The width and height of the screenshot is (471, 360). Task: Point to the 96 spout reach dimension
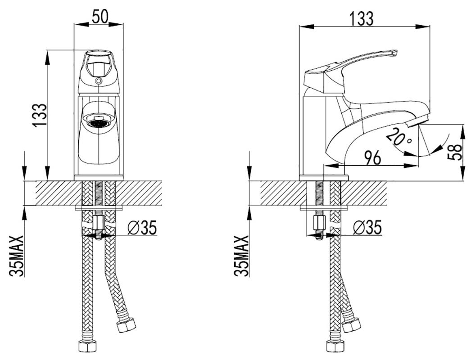pos(372,157)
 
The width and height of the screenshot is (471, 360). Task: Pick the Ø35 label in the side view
pos(367,228)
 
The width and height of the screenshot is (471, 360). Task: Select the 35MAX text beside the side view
pos(242,256)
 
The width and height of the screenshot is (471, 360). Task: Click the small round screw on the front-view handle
pos(99,81)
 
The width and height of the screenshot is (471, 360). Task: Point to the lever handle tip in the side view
pos(393,53)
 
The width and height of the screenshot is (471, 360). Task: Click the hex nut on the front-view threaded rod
pos(99,222)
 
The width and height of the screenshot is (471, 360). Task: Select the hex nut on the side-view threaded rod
pos(319,222)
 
